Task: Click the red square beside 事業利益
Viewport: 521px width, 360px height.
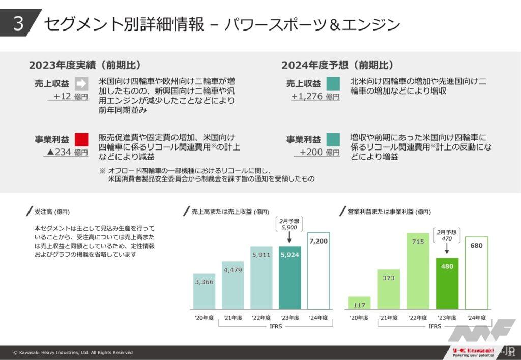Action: [81, 139]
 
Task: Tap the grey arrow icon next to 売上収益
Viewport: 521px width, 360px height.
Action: [81, 83]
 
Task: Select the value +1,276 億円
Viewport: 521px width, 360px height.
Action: [315, 96]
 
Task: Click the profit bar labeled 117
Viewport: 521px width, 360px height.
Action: [359, 303]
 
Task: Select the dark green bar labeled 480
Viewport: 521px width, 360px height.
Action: [447, 283]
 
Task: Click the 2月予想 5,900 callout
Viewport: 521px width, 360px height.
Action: [289, 224]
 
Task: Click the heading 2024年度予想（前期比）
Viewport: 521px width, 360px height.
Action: [337, 65]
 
